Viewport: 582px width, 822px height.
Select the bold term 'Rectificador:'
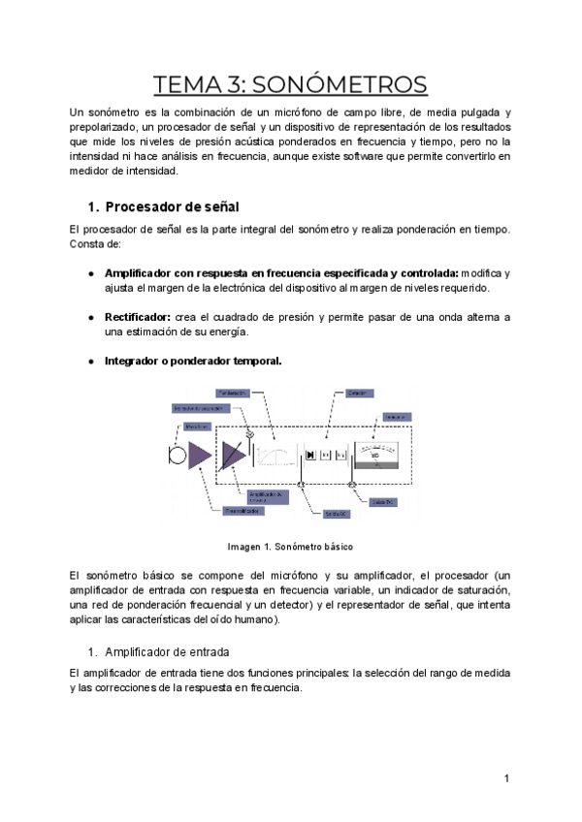(138, 317)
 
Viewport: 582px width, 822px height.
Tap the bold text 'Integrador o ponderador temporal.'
(192, 361)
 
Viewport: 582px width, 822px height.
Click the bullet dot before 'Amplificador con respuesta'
(91, 274)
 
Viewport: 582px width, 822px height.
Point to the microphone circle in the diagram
(176, 455)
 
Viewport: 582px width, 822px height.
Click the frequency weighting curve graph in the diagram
(276, 456)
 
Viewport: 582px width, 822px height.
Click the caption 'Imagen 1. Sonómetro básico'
(290, 545)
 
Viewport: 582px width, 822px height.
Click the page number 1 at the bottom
(506, 778)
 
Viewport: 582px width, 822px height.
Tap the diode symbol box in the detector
(310, 454)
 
